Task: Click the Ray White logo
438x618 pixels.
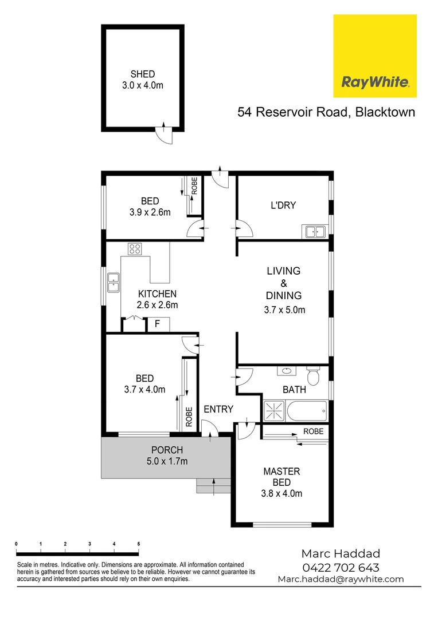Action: point(375,56)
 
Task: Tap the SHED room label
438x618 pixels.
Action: point(143,74)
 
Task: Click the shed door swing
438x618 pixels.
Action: point(165,133)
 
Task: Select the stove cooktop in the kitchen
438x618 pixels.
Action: point(135,249)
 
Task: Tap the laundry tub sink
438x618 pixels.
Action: point(315,232)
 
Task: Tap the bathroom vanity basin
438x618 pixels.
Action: point(286,371)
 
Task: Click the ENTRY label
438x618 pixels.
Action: point(218,409)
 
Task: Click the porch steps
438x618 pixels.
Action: point(213,485)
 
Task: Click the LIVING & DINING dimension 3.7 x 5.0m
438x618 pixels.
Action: point(284,311)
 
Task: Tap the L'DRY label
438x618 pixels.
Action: point(283,205)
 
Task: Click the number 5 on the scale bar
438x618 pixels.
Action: point(138,543)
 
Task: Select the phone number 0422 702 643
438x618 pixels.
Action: point(341,567)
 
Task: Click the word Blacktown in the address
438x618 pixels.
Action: point(385,112)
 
